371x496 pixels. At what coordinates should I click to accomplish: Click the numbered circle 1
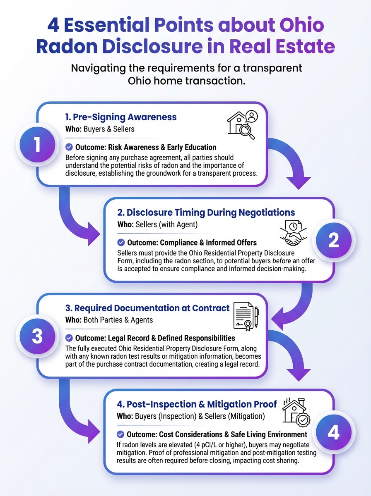coord(37,144)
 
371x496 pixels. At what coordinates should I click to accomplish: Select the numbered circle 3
coord(37,336)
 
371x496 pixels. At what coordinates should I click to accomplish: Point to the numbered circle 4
coord(333,432)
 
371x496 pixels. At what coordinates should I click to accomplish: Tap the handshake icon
coord(293,233)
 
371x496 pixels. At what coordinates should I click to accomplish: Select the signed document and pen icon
coord(246,316)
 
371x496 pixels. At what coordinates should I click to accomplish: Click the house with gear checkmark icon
coord(296,413)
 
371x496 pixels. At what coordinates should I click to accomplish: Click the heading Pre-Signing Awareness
coord(121,117)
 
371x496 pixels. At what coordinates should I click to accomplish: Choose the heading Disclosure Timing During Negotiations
coord(206,212)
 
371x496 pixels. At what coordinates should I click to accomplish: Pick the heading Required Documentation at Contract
coord(147,308)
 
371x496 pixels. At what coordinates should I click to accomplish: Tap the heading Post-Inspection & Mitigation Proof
coord(197,404)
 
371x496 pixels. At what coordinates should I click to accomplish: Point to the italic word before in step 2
coord(282,261)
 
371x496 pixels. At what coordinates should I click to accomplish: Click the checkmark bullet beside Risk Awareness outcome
coord(69,147)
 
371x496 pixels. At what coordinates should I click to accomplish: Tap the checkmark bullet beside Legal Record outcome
coord(69,338)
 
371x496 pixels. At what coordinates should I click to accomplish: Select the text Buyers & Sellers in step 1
coord(109,129)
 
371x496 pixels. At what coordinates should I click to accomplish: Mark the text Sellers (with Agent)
coord(166,224)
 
